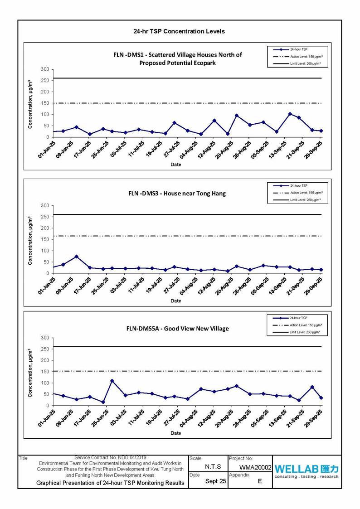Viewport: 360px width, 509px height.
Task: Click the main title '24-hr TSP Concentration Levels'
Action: click(179, 31)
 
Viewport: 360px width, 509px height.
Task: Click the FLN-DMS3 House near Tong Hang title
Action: click(177, 193)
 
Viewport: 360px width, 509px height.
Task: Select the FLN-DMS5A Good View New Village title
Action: click(177, 328)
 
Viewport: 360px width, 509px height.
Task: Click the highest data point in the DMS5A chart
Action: click(112, 381)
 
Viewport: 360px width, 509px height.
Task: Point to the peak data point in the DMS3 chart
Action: click(77, 257)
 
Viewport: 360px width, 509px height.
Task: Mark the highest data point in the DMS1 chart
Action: click(290, 114)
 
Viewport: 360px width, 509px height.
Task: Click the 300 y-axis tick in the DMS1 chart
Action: click(44, 69)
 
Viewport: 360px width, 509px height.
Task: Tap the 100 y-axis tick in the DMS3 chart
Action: click(44, 251)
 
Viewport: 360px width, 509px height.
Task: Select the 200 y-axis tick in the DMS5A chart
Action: click(44, 360)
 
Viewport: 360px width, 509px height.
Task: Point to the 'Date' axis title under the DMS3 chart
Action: click(176, 301)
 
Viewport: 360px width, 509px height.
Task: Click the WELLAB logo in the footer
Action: click(306, 471)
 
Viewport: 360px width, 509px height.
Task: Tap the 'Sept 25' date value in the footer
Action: click(215, 481)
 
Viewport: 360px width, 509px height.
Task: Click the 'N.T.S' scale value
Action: click(213, 467)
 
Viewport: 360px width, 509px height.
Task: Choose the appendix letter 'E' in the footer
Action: click(260, 481)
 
